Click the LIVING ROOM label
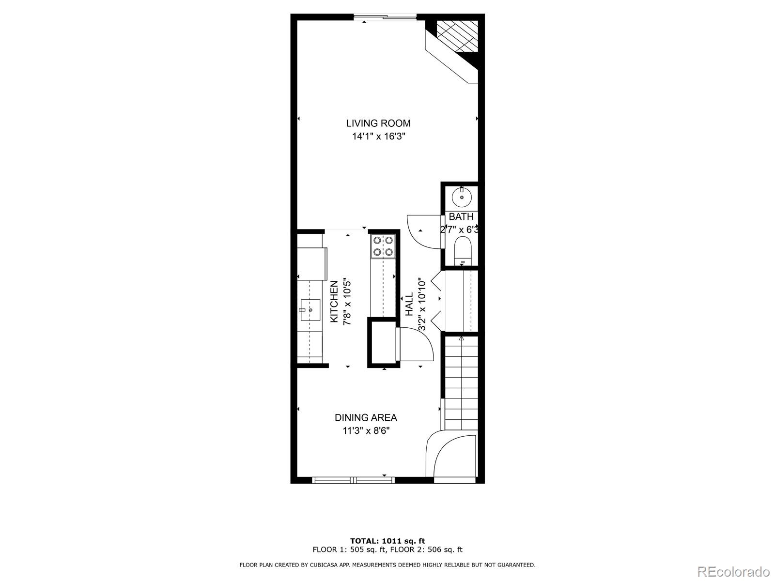[378, 123]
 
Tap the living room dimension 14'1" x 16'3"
[378, 137]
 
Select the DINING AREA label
[366, 417]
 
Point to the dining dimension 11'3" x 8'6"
[366, 431]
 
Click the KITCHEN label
[334, 302]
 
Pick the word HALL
[409, 304]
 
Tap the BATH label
[461, 217]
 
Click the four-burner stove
[383, 246]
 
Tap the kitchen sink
[310, 309]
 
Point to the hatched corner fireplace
[457, 36]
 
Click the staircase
[461, 382]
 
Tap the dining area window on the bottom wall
[354, 480]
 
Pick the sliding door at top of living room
[385, 18]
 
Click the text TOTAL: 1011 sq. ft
[387, 541]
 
